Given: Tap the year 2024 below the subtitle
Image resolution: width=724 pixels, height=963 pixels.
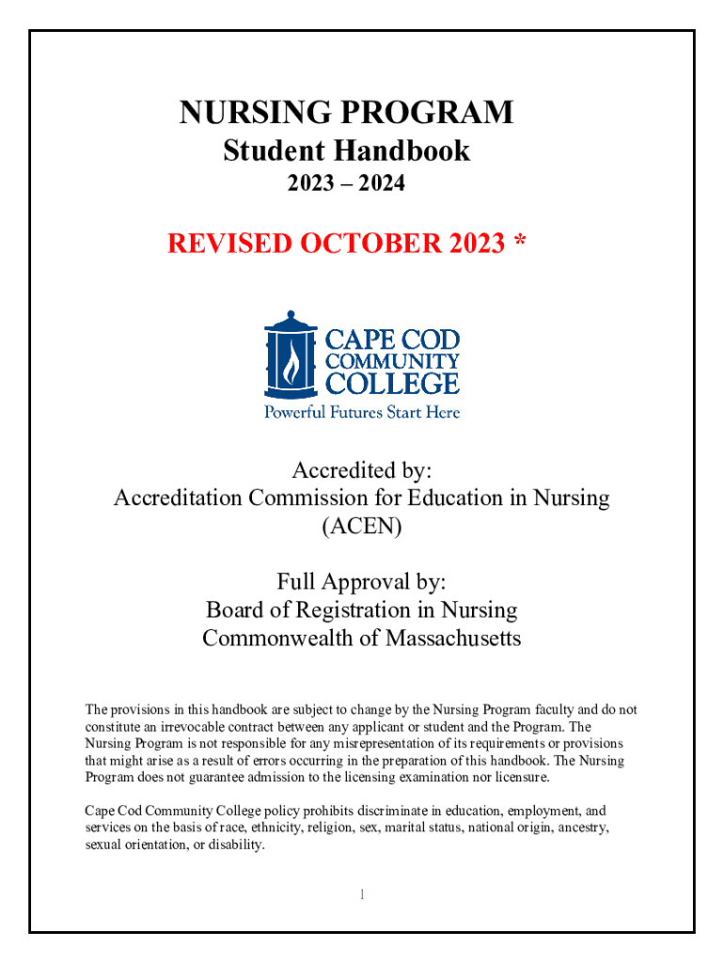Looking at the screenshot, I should [x=386, y=184].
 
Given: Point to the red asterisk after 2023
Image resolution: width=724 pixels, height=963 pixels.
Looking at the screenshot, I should [x=520, y=242].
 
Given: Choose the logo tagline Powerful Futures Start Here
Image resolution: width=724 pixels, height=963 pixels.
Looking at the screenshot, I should [x=361, y=411].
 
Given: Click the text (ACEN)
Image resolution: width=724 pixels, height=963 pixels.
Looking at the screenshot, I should [x=361, y=527].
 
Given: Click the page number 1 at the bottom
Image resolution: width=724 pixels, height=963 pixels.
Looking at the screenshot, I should [x=361, y=894].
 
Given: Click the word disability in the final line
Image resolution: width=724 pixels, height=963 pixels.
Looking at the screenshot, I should [x=239, y=845].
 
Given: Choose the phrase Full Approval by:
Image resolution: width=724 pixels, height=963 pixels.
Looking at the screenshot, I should [x=361, y=582].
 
